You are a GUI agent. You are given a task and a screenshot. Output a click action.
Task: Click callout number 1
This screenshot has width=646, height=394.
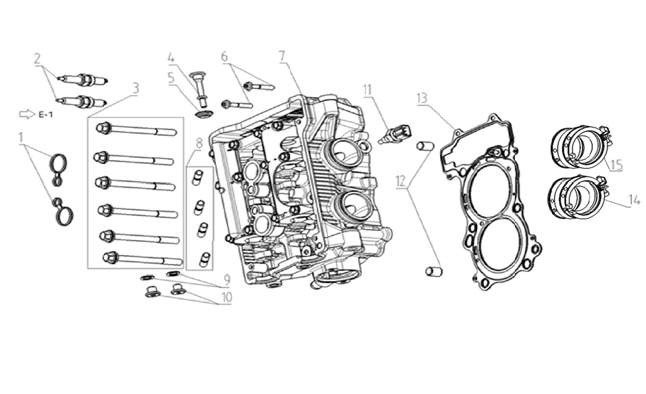[21, 138]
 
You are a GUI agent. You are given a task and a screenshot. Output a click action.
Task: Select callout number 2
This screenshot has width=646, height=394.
[38, 59]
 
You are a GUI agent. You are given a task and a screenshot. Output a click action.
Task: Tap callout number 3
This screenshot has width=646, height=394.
[134, 88]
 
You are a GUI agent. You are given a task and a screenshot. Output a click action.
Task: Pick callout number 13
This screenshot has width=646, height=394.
[422, 98]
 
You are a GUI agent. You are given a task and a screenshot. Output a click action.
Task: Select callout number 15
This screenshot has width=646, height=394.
[615, 165]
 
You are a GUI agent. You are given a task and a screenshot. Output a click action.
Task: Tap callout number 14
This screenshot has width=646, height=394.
[634, 202]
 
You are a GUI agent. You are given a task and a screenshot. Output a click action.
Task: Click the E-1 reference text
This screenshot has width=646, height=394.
[45, 114]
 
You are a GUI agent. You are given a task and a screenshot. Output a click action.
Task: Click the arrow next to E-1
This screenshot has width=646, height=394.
[27, 114]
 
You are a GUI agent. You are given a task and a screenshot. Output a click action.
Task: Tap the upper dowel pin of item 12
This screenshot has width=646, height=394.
[424, 146]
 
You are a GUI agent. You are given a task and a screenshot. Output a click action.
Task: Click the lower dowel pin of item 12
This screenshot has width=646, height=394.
[433, 270]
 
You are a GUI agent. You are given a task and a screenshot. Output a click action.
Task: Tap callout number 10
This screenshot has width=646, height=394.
[225, 296]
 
